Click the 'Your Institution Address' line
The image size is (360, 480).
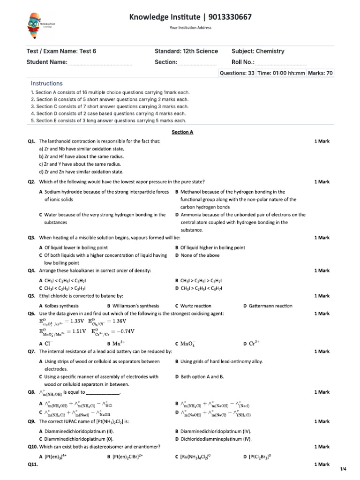click(190, 28)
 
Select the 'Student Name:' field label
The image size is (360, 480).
click(47, 62)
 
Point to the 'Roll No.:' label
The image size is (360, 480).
click(243, 62)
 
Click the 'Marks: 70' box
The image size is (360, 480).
click(320, 73)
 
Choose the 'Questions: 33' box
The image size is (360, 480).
click(237, 73)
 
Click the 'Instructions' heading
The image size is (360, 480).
click(46, 83)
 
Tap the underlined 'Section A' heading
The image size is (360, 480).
click(182, 132)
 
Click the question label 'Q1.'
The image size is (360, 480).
click(32, 141)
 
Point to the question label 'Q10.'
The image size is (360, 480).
click(32, 447)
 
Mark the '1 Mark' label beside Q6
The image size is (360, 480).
click(322, 314)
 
